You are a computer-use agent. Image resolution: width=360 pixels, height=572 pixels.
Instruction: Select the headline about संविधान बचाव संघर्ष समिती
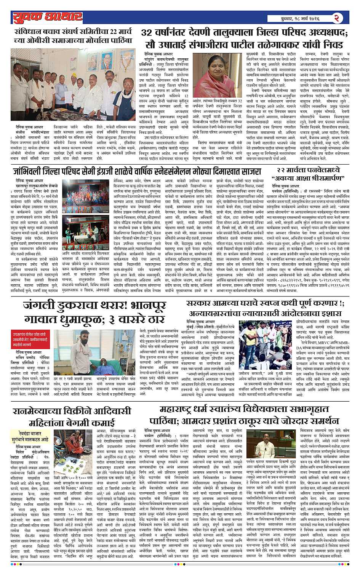click(x=72, y=36)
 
